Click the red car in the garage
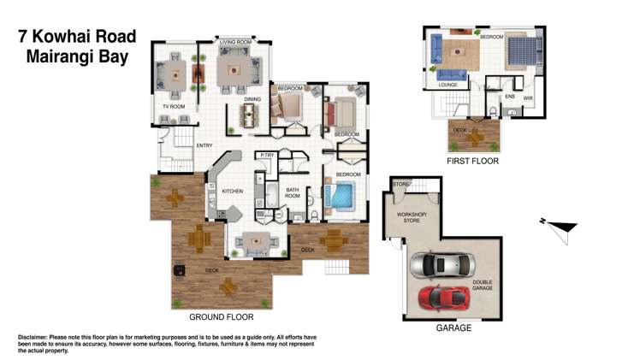click(x=443, y=297)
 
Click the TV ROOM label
click(x=174, y=106)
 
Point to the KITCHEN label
click(x=234, y=191)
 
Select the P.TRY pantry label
click(x=267, y=155)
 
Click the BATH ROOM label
click(x=293, y=193)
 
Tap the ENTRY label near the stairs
click(x=204, y=145)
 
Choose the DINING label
click(x=252, y=99)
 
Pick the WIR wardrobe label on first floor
click(x=528, y=97)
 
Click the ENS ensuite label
click(x=510, y=97)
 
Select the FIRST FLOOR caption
click(x=472, y=161)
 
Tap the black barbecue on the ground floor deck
click(x=181, y=272)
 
